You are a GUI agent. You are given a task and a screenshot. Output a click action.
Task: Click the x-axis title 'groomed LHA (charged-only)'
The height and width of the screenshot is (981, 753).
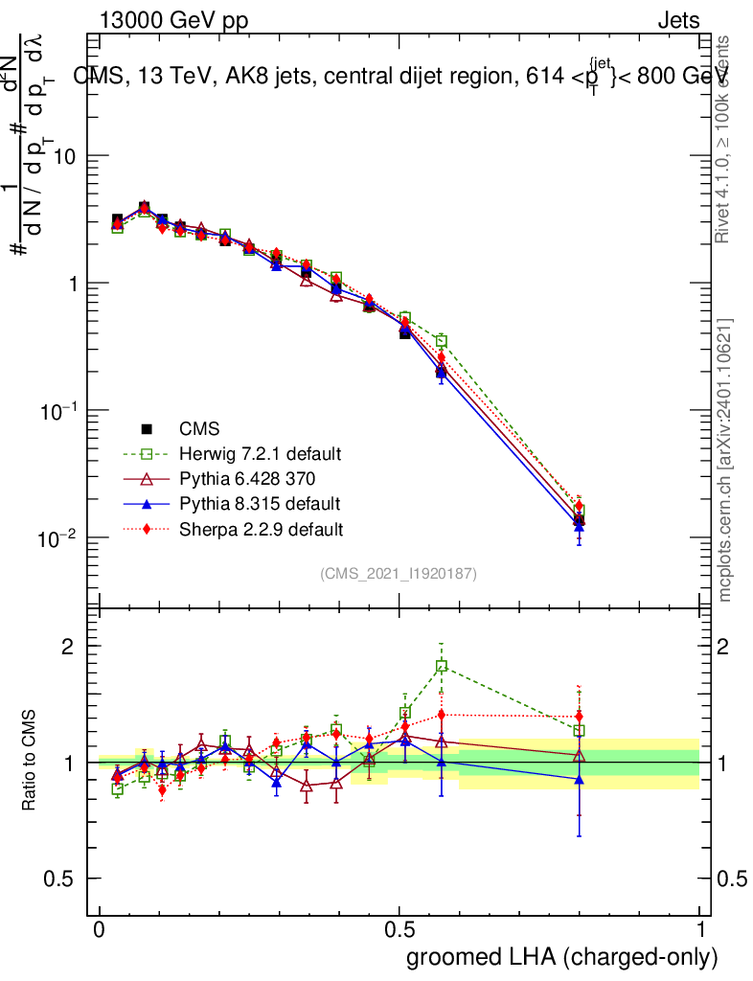pyautogui.click(x=562, y=957)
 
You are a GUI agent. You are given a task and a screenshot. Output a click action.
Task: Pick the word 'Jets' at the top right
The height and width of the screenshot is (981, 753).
pyautogui.click(x=678, y=20)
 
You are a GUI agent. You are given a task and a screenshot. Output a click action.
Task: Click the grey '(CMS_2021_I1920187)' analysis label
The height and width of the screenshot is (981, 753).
pyautogui.click(x=399, y=573)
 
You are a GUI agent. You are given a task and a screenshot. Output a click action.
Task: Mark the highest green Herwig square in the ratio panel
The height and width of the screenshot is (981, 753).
pyautogui.click(x=442, y=666)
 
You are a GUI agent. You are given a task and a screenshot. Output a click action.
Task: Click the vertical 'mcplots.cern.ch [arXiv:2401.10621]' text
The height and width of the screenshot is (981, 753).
pyautogui.click(x=725, y=460)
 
